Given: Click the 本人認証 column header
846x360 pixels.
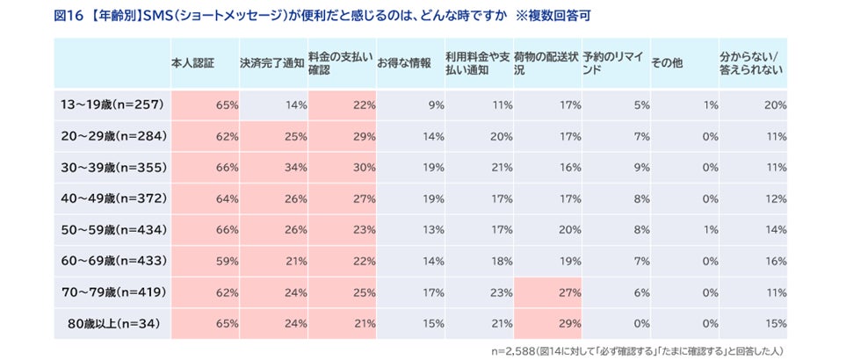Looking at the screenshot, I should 193,63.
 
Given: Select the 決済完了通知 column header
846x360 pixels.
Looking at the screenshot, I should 272,63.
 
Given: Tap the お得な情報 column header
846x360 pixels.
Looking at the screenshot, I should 404,63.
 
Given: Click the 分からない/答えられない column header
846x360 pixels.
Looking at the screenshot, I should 751,63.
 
